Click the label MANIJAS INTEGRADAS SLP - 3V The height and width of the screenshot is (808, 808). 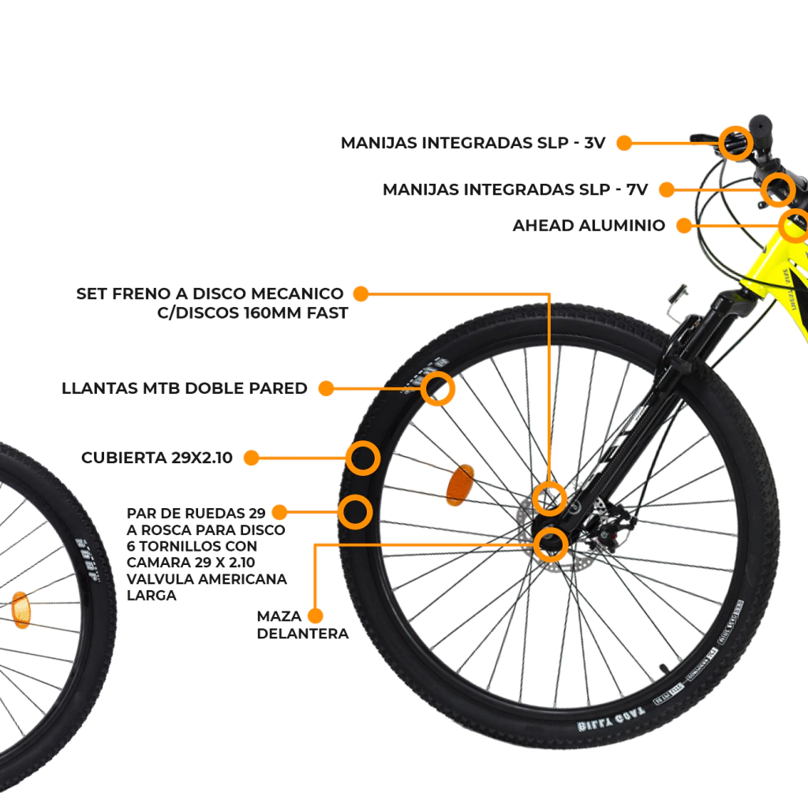[x=473, y=143]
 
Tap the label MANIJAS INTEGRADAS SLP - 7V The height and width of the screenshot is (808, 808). [x=514, y=189]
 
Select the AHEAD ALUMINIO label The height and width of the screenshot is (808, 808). [x=589, y=226]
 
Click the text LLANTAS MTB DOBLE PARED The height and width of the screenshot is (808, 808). [x=185, y=388]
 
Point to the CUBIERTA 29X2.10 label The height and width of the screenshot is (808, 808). [x=157, y=458]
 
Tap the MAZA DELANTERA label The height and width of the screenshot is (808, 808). [x=302, y=624]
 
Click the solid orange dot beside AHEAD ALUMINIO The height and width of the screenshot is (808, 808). [x=684, y=226]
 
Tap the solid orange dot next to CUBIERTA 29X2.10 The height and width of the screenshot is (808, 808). [x=251, y=458]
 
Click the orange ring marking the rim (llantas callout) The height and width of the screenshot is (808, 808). [x=438, y=389]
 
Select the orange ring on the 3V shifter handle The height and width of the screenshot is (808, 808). [x=736, y=142]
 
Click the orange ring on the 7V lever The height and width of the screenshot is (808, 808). [x=778, y=189]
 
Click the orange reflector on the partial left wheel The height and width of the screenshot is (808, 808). [x=21, y=609]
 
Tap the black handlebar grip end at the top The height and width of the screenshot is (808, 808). [x=759, y=125]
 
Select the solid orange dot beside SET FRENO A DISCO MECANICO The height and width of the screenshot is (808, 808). [x=361, y=294]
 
